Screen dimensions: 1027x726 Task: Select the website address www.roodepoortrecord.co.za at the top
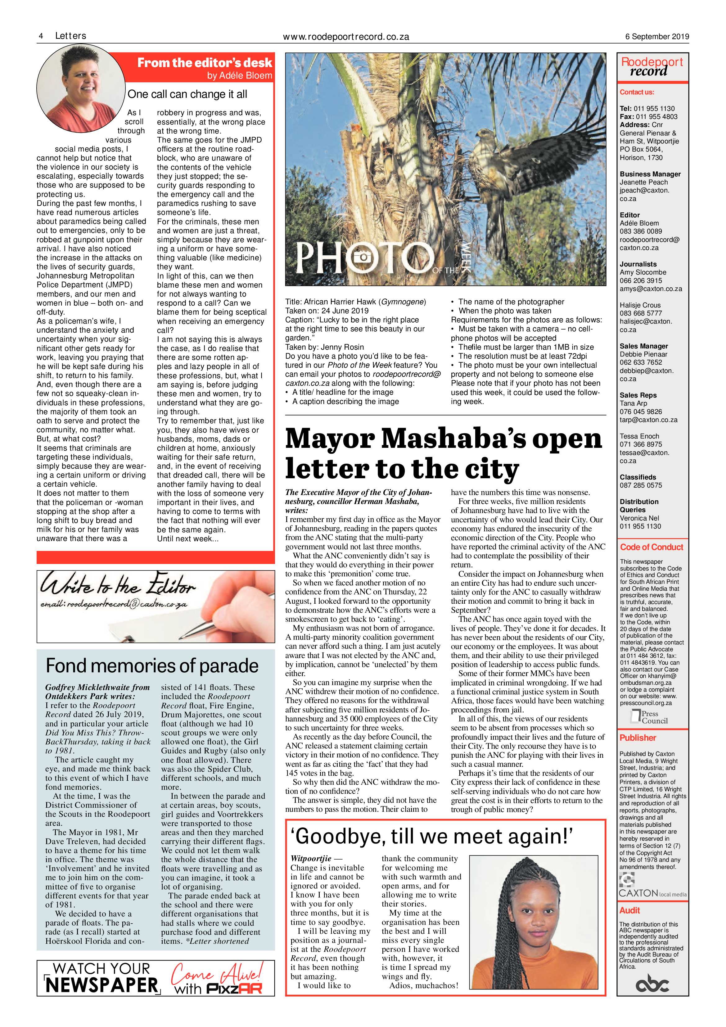[x=346, y=37]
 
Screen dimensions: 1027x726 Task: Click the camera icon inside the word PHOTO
[x=363, y=257]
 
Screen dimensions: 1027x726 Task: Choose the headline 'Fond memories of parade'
[x=152, y=666]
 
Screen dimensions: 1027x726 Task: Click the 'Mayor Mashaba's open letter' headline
[x=444, y=453]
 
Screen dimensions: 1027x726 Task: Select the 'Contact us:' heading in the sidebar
[x=637, y=92]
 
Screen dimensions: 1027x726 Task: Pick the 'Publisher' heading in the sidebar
[x=638, y=738]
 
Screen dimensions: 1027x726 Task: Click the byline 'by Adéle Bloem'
[x=239, y=75]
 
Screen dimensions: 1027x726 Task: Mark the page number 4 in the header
[x=41, y=36]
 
